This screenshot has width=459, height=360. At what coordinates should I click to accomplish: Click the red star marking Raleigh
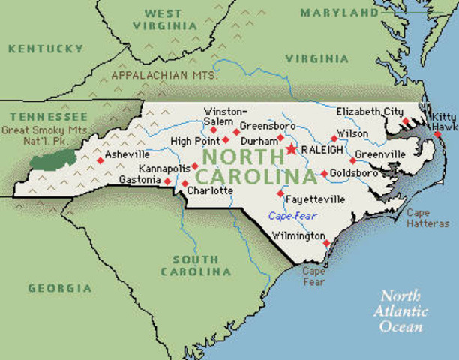tap(291, 149)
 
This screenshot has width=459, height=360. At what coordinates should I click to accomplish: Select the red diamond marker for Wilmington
tap(326, 242)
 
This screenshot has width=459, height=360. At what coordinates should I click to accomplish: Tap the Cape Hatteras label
tap(427, 217)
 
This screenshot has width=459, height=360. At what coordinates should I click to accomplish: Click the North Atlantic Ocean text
tap(403, 310)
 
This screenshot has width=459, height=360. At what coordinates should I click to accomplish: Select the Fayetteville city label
tap(316, 199)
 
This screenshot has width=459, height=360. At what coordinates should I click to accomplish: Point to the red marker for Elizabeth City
tap(405, 121)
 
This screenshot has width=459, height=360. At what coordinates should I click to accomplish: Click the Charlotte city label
tap(211, 191)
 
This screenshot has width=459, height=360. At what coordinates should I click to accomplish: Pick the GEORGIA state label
tap(60, 288)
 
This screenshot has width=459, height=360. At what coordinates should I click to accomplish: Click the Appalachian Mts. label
tap(164, 75)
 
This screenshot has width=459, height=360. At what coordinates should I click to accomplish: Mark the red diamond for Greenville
tap(352, 160)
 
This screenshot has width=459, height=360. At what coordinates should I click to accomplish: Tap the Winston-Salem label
tap(224, 116)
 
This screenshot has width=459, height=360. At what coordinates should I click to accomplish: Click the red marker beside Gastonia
tap(167, 181)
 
